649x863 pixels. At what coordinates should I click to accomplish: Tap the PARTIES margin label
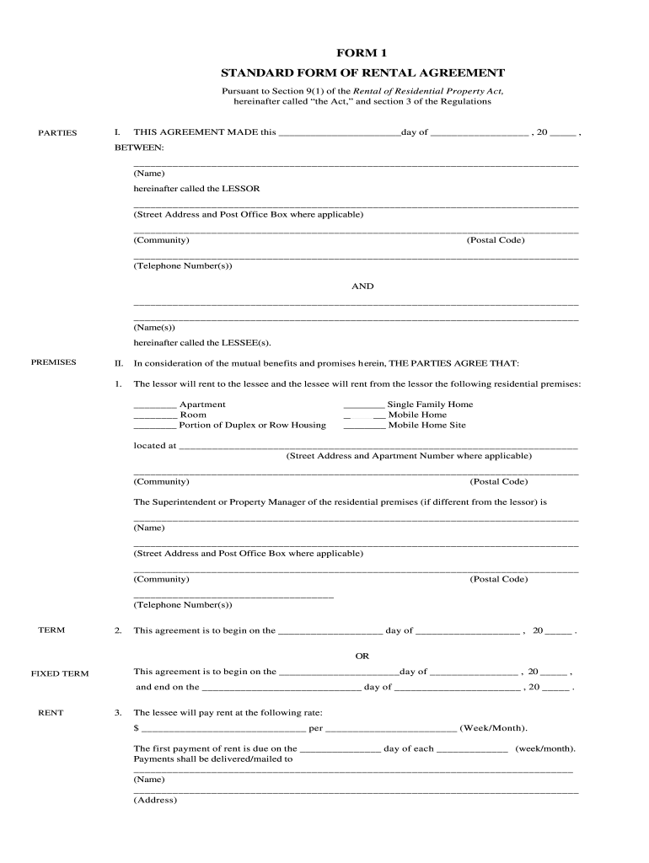(x=57, y=133)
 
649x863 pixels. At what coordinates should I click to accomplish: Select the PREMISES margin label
(x=54, y=362)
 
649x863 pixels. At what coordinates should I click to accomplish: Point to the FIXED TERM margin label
(x=60, y=673)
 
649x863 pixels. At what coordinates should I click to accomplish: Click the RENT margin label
(x=51, y=713)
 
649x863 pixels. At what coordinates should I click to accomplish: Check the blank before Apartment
(x=154, y=405)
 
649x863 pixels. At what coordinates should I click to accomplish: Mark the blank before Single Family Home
(x=364, y=405)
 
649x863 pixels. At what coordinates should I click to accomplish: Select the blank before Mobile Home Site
(x=364, y=426)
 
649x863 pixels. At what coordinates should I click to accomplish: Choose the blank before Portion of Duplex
(x=154, y=426)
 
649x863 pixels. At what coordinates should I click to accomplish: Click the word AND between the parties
(x=362, y=287)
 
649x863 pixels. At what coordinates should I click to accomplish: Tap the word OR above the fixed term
(x=362, y=656)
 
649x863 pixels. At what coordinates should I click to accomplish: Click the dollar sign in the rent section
(x=136, y=728)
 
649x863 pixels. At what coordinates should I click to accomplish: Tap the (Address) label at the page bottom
(x=155, y=801)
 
